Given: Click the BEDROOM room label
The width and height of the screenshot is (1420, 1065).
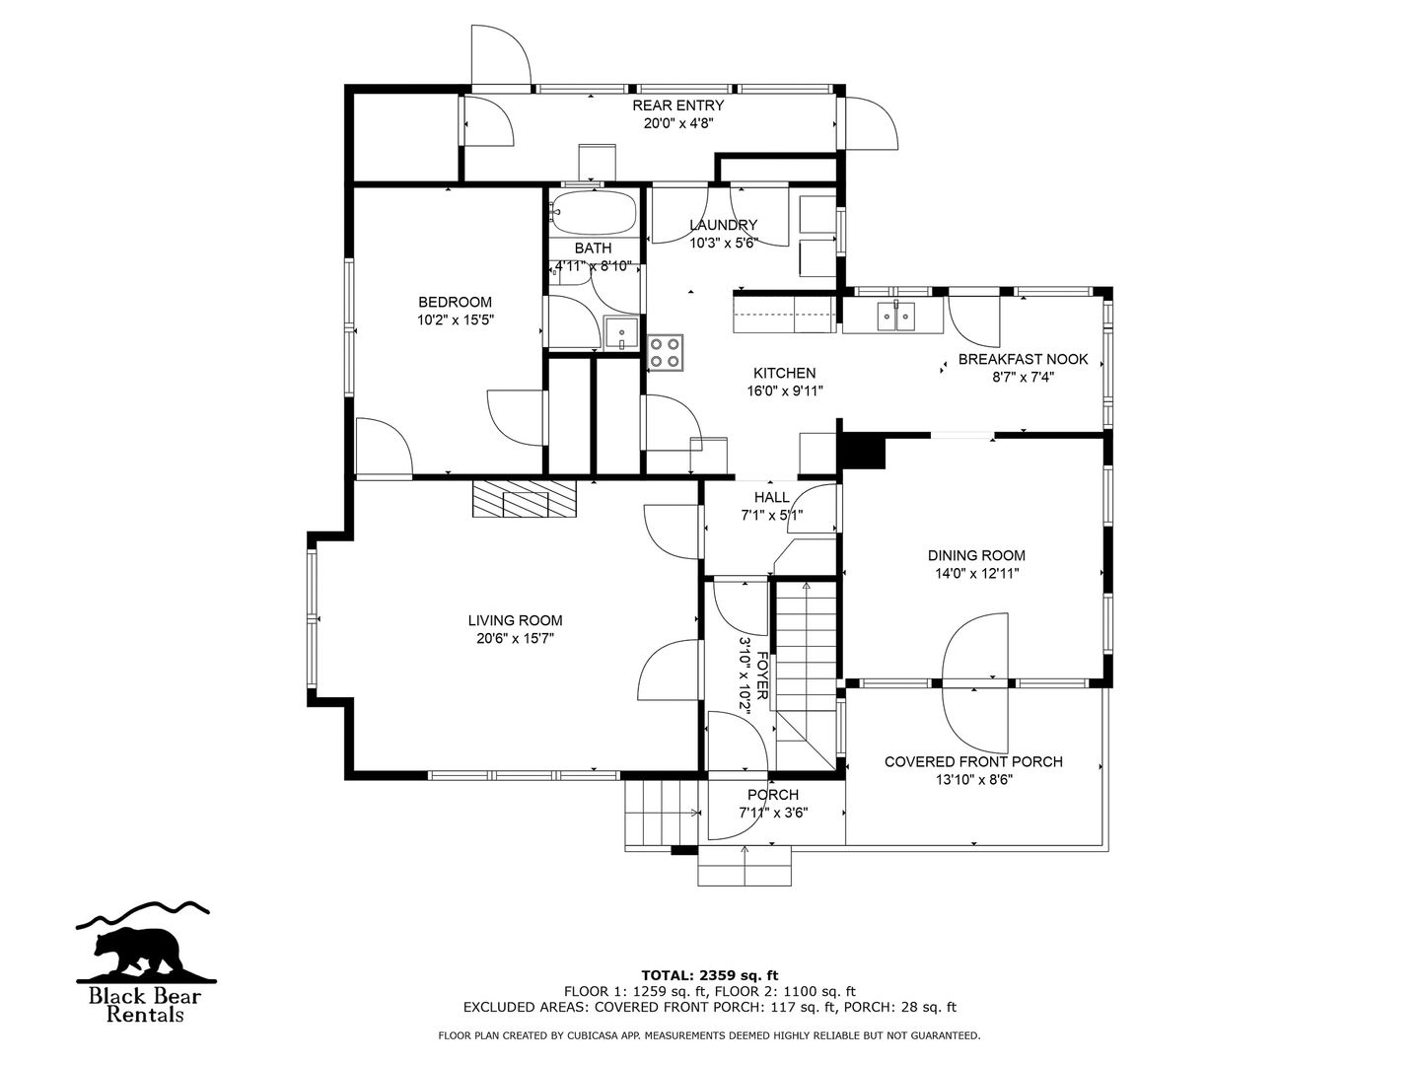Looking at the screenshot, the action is [455, 302].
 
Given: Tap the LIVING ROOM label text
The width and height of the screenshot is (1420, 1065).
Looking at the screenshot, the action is [515, 621].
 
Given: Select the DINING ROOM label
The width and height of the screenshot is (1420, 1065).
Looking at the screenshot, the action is [976, 555].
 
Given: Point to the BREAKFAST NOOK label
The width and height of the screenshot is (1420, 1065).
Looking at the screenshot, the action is [1023, 360].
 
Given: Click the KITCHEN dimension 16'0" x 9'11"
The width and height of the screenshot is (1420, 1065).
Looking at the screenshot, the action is [785, 391].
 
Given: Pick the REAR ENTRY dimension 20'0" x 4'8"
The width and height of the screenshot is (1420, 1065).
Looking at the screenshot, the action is [678, 123].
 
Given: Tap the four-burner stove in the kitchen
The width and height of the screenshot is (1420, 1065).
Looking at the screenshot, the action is [666, 352].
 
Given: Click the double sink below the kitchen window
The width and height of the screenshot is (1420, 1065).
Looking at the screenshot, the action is [896, 317].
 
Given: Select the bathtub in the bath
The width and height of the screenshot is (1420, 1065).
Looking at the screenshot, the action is [594, 211].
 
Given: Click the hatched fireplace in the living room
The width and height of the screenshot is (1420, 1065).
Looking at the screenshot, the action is [524, 499].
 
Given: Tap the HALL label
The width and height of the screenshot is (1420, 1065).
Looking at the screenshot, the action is [772, 497].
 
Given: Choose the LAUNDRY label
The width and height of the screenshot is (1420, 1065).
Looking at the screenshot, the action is [723, 225].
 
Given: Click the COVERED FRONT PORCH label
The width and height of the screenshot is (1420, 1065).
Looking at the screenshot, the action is [973, 761].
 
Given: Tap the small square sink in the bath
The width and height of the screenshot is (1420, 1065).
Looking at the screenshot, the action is [621, 333].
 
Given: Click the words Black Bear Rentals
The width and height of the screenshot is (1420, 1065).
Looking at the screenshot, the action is [145, 1004].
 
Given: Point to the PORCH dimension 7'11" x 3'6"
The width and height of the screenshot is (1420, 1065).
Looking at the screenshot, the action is [774, 813].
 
